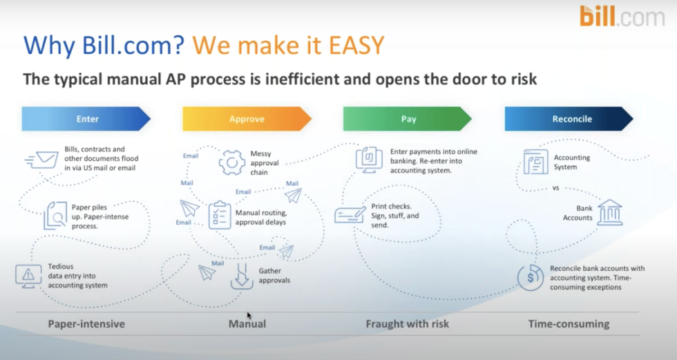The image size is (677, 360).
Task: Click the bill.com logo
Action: tap(622, 17)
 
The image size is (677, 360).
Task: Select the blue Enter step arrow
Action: tap(86, 119)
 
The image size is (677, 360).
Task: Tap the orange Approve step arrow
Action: tap(247, 119)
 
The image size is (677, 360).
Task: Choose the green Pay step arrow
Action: tap(408, 119)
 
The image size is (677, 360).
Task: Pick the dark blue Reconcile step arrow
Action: tap(569, 119)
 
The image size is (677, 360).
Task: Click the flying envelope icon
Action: tap(42, 160)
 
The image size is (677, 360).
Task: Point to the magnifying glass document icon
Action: tap(55, 215)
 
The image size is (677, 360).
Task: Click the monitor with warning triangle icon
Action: tap(28, 276)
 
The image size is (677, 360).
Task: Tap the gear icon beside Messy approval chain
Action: tap(232, 162)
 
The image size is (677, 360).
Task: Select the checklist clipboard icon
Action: tap(220, 214)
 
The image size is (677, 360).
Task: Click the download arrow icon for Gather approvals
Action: tap(242, 275)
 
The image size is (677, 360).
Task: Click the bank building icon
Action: tap(609, 212)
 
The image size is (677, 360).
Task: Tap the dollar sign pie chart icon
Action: tap(530, 277)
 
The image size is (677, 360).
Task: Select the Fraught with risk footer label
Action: tap(407, 323)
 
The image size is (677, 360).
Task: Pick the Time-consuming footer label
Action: tap(569, 323)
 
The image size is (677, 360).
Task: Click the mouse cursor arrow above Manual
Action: tap(249, 316)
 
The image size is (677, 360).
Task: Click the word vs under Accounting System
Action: tap(554, 187)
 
